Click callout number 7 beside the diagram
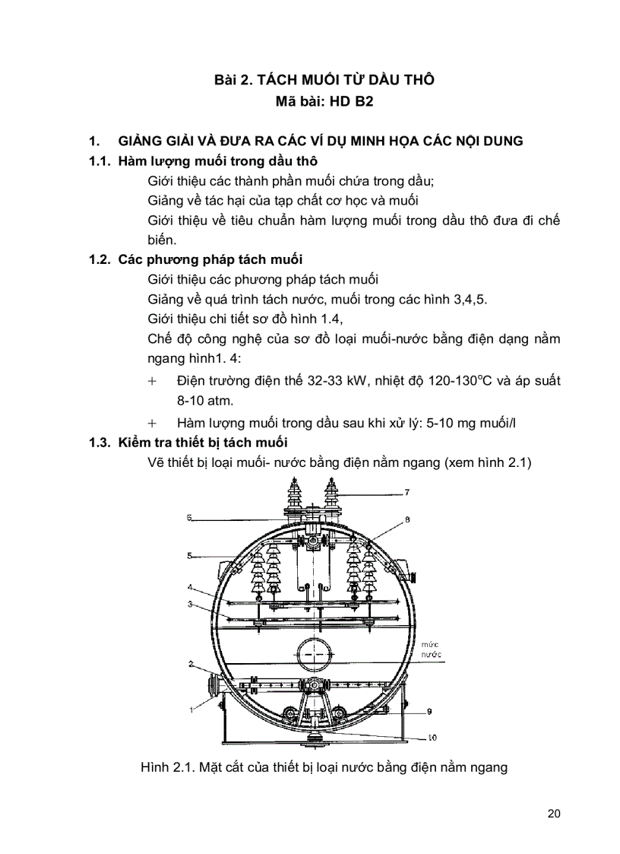(406, 493)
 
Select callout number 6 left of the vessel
(189, 517)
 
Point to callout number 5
(189, 556)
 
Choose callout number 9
(429, 712)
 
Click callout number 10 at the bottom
(431, 737)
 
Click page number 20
(553, 814)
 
